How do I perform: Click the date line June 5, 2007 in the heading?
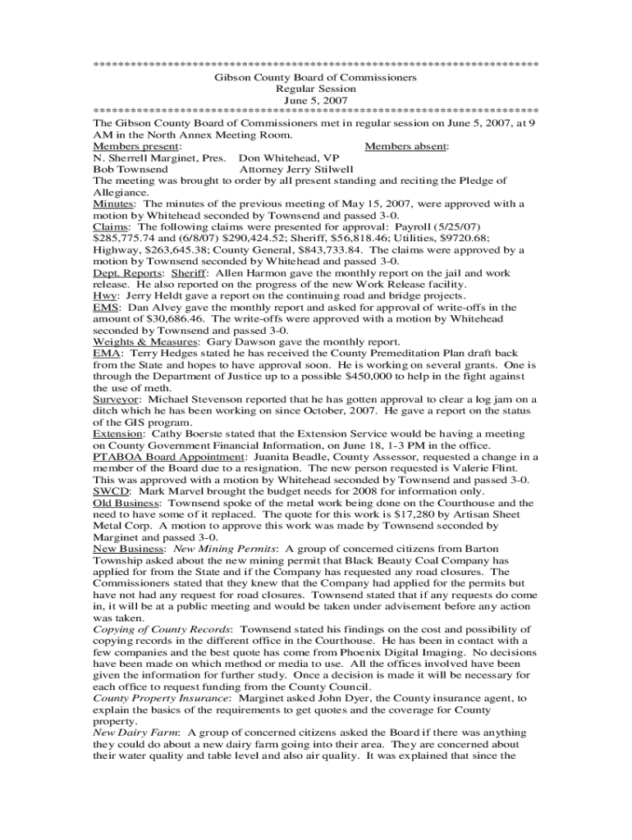coord(315,100)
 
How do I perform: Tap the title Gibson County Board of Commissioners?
coord(315,77)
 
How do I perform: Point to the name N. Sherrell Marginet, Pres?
coord(159,157)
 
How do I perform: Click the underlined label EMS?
coord(105,307)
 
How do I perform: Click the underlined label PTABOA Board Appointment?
coord(169,456)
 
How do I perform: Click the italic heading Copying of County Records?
coord(155,628)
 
